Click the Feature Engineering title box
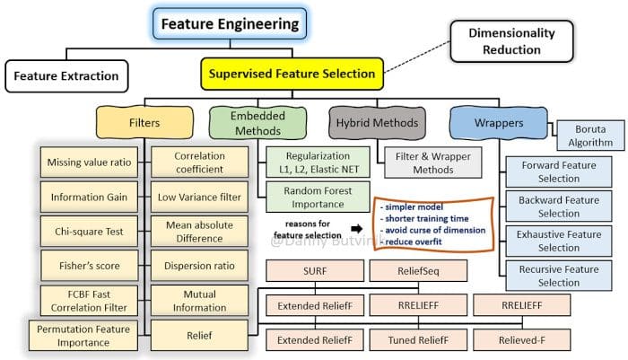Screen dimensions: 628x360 [230, 24]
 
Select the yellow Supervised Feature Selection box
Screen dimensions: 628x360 [292, 74]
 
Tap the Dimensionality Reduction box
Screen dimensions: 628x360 [511, 41]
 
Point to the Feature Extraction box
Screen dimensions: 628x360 [66, 76]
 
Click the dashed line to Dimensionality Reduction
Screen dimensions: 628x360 [417, 57]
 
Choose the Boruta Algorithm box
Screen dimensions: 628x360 [590, 136]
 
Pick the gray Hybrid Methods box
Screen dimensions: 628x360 [377, 123]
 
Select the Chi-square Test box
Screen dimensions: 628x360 [89, 232]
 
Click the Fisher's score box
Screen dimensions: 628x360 [89, 266]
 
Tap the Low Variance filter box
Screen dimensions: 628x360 [199, 197]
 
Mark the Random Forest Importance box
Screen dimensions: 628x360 [318, 198]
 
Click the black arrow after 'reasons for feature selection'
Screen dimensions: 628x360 [356, 229]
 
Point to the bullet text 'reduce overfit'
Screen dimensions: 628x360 [414, 241]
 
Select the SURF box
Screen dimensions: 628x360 [315, 271]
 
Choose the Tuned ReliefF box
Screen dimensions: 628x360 [418, 340]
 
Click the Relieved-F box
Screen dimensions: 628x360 [522, 340]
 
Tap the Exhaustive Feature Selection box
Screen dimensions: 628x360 [559, 241]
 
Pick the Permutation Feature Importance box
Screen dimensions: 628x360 [83, 336]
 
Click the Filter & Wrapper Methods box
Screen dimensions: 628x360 [433, 162]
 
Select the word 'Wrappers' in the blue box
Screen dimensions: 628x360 [499, 123]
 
